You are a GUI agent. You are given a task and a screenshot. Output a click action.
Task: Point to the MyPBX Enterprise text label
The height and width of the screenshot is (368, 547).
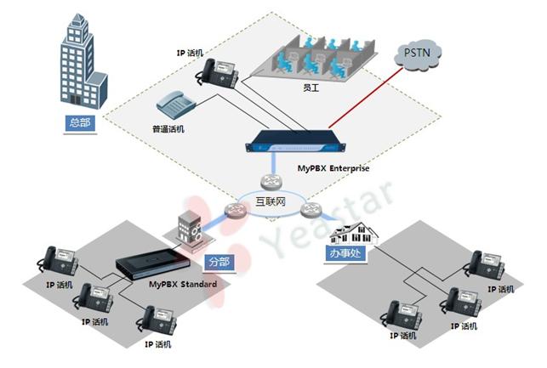point(334,169)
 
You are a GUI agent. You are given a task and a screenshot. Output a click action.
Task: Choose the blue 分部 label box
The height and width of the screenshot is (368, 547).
point(219,260)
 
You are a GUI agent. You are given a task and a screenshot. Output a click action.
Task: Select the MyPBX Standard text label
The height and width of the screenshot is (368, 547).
point(182,284)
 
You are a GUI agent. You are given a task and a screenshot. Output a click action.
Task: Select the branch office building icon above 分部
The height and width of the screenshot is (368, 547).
point(186,228)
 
